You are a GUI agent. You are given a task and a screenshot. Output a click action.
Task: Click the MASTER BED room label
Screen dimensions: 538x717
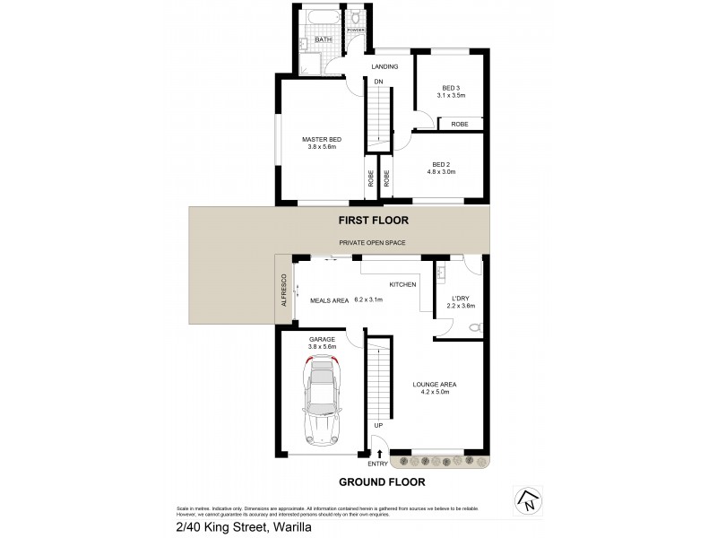point(321,139)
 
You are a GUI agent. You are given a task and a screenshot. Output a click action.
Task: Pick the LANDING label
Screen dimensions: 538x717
point(384,66)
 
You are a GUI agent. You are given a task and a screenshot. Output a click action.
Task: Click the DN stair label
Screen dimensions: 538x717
point(378,82)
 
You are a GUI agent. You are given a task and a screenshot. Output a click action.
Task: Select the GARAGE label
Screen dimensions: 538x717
point(322,339)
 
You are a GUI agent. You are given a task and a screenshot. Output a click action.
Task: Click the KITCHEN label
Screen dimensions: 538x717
point(402,284)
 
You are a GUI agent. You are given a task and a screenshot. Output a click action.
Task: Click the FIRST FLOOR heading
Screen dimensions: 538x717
point(372,219)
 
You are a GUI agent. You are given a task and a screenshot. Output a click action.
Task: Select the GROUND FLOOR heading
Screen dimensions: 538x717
point(381,482)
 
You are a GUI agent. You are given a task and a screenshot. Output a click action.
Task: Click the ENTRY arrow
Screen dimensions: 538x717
point(379,455)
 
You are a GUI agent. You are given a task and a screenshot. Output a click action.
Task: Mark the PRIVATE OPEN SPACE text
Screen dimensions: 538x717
point(374,243)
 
